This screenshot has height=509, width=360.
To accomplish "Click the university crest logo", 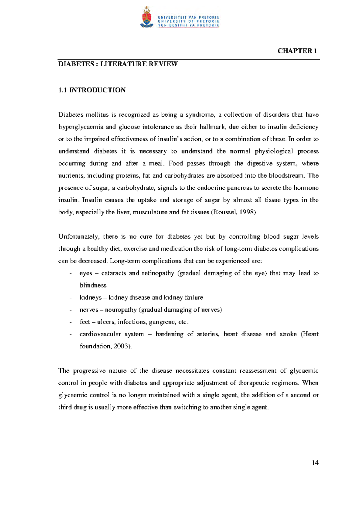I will click(x=146, y=17).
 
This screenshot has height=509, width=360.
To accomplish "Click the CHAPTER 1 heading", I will click(x=297, y=51).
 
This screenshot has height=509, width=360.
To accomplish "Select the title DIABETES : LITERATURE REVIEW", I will click(x=118, y=64).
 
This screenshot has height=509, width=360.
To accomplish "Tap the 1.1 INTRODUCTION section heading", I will click(x=92, y=90).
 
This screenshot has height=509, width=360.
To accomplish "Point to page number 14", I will click(x=315, y=463).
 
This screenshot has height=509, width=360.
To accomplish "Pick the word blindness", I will click(x=93, y=285).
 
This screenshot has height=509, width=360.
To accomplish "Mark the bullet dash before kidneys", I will click(x=70, y=298).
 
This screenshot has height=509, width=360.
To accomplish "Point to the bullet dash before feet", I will click(x=70, y=322).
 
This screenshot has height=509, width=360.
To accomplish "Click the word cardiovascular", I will click(x=100, y=334).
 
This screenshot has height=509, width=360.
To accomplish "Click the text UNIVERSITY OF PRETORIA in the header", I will click(x=188, y=21).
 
